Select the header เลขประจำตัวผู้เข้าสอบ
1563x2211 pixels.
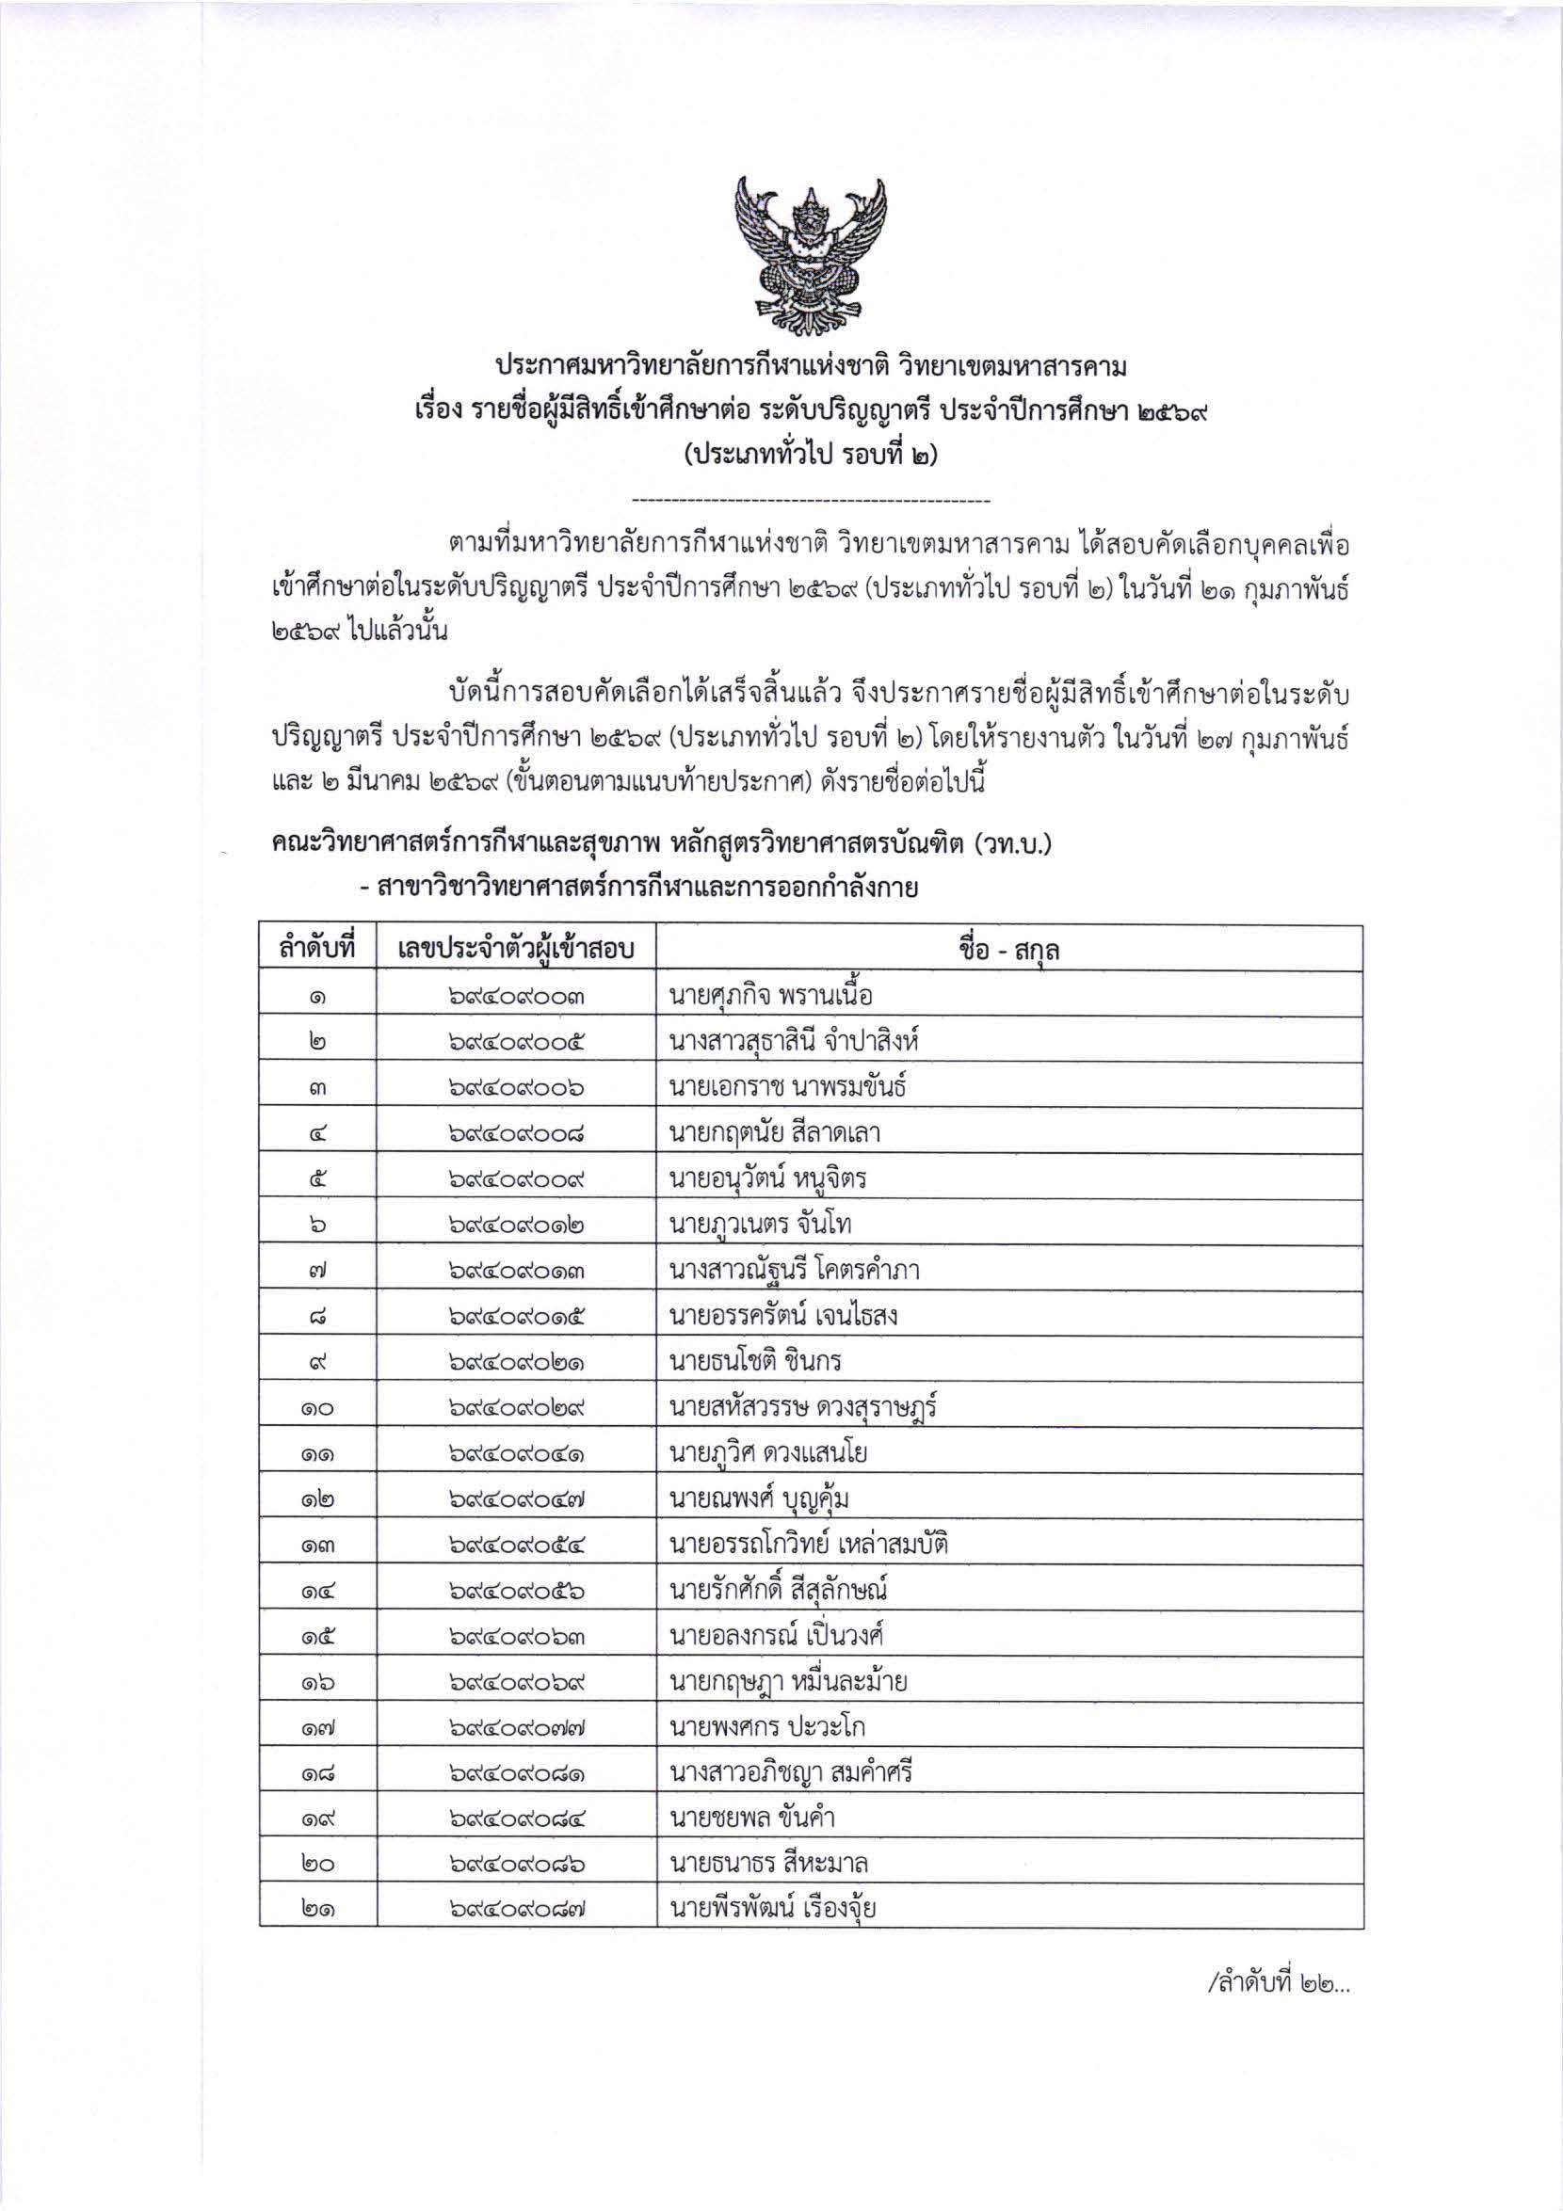(x=516, y=950)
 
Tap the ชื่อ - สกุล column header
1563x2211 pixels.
(x=1008, y=950)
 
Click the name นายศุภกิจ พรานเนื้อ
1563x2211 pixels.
(x=770, y=994)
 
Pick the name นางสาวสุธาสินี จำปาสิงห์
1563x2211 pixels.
(x=798, y=1040)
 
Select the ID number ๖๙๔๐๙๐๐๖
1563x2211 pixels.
(x=516, y=1087)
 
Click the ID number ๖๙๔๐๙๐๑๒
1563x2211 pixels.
(x=516, y=1225)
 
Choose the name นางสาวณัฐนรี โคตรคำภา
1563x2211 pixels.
(x=794, y=1270)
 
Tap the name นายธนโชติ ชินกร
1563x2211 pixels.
(x=756, y=1362)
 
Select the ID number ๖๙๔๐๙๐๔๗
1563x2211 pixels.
(x=516, y=1500)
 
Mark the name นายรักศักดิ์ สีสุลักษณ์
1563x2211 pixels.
(x=777, y=1591)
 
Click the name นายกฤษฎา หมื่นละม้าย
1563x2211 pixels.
(x=788, y=1682)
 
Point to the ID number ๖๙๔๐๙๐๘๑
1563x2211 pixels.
(x=516, y=1774)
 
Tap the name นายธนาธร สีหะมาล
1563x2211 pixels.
(x=767, y=1866)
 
